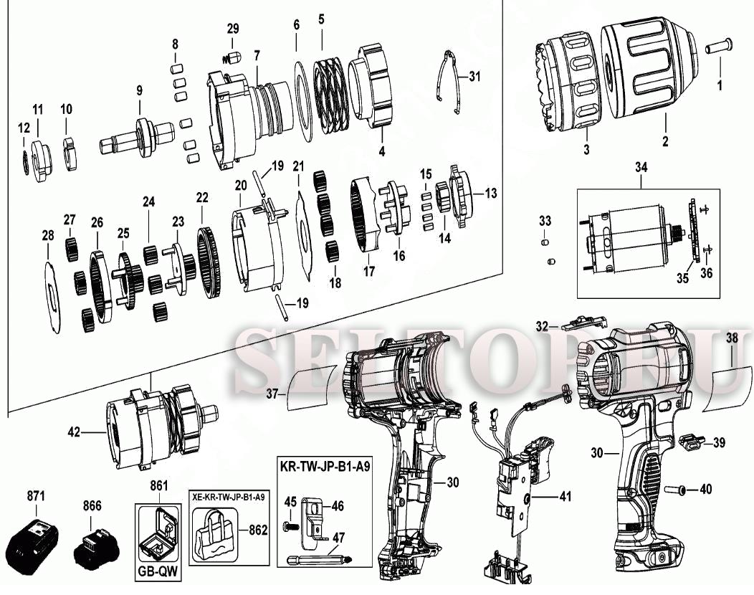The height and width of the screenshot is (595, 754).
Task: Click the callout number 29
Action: pos(233,29)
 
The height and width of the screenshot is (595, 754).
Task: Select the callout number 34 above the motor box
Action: pos(641,168)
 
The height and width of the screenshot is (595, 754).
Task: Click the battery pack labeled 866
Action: pos(96,548)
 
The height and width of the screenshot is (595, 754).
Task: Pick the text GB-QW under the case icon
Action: pos(158,573)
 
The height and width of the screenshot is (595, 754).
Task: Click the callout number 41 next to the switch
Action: pos(565,495)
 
